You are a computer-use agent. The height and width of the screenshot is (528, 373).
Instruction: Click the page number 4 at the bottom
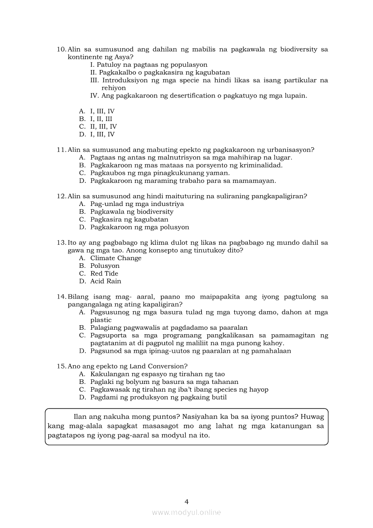186,501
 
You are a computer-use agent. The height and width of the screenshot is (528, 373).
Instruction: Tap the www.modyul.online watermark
186,512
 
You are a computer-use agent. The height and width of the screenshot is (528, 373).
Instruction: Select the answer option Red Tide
104,274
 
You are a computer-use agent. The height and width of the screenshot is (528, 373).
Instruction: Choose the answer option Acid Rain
106,281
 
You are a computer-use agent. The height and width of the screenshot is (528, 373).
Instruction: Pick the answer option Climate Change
116,258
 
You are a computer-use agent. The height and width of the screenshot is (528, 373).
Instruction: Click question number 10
61,49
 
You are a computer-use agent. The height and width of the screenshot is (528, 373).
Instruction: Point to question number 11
61,150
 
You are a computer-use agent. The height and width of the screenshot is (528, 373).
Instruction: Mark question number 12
61,196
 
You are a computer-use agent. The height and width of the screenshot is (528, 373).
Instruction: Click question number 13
61,243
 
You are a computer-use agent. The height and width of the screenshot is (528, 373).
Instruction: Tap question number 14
61,297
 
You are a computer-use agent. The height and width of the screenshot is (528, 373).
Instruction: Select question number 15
61,366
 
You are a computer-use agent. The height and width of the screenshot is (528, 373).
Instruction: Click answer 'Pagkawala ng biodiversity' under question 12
131,212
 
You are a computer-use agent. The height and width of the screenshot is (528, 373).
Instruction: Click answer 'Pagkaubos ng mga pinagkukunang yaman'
160,173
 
